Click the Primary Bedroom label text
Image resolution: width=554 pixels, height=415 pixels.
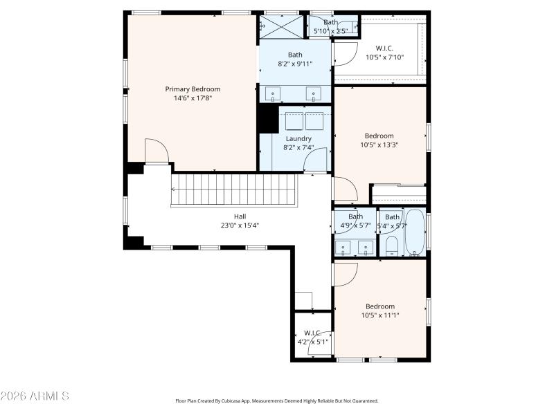click(x=193, y=89)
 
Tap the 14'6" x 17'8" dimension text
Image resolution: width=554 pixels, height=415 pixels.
click(x=193, y=98)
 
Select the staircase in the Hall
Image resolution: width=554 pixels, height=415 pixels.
click(x=234, y=190)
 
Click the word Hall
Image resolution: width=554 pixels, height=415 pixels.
click(x=240, y=216)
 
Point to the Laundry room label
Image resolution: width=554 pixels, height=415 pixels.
click(x=298, y=138)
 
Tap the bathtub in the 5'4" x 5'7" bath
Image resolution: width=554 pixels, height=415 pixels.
click(x=415, y=234)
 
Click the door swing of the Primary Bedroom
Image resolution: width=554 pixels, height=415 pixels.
click(x=157, y=151)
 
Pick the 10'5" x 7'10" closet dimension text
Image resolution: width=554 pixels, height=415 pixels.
click(x=384, y=57)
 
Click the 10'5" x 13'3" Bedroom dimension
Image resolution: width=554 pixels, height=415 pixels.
click(x=379, y=145)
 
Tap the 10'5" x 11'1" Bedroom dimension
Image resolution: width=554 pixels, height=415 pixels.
click(x=380, y=315)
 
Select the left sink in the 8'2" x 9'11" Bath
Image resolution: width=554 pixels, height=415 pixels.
click(x=274, y=94)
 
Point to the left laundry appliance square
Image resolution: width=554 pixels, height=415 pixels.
click(x=294, y=120)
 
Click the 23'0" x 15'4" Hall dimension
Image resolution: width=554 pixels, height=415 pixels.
click(x=240, y=225)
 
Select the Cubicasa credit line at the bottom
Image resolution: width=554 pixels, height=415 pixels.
click(x=277, y=400)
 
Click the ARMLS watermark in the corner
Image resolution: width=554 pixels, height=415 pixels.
click(x=35, y=396)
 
